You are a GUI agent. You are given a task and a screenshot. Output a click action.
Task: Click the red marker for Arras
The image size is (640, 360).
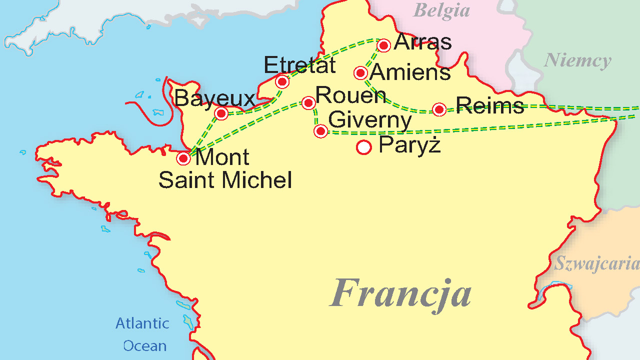(x=383, y=45)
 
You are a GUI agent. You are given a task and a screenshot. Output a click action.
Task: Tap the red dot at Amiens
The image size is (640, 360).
(x=360, y=73)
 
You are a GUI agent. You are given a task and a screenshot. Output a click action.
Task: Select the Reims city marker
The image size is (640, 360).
(x=439, y=109)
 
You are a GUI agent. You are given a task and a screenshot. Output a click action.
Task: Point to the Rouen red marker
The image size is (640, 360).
(x=308, y=103)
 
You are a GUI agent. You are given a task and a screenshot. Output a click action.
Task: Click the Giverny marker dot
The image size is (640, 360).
(x=320, y=131)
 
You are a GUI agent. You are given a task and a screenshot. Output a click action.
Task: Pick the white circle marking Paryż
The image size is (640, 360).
(x=363, y=147)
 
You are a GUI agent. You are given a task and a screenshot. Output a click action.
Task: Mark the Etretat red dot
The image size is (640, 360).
(x=282, y=81)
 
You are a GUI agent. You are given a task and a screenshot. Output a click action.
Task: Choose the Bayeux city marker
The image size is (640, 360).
(x=221, y=113)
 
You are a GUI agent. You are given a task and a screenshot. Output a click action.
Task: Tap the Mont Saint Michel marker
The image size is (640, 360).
(x=183, y=159)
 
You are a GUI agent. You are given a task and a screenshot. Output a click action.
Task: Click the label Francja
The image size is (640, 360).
(x=400, y=292)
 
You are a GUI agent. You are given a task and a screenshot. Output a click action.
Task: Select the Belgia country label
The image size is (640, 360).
(x=441, y=10)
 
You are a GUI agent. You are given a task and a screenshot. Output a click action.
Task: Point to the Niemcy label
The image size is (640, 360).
(x=577, y=60)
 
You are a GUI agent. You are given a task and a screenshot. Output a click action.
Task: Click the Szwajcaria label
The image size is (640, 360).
(x=596, y=263)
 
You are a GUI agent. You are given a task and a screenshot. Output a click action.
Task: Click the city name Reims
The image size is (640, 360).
(x=490, y=105)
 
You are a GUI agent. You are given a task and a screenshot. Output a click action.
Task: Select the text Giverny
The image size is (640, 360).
(x=370, y=120)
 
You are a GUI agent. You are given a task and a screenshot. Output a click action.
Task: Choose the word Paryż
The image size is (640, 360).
(x=409, y=144)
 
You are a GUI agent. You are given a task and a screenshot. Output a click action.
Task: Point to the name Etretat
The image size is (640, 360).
(x=299, y=65)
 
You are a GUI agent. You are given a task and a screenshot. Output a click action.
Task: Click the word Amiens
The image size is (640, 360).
(x=410, y=72)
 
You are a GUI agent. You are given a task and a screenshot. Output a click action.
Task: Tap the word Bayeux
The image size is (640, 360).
(x=214, y=99)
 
